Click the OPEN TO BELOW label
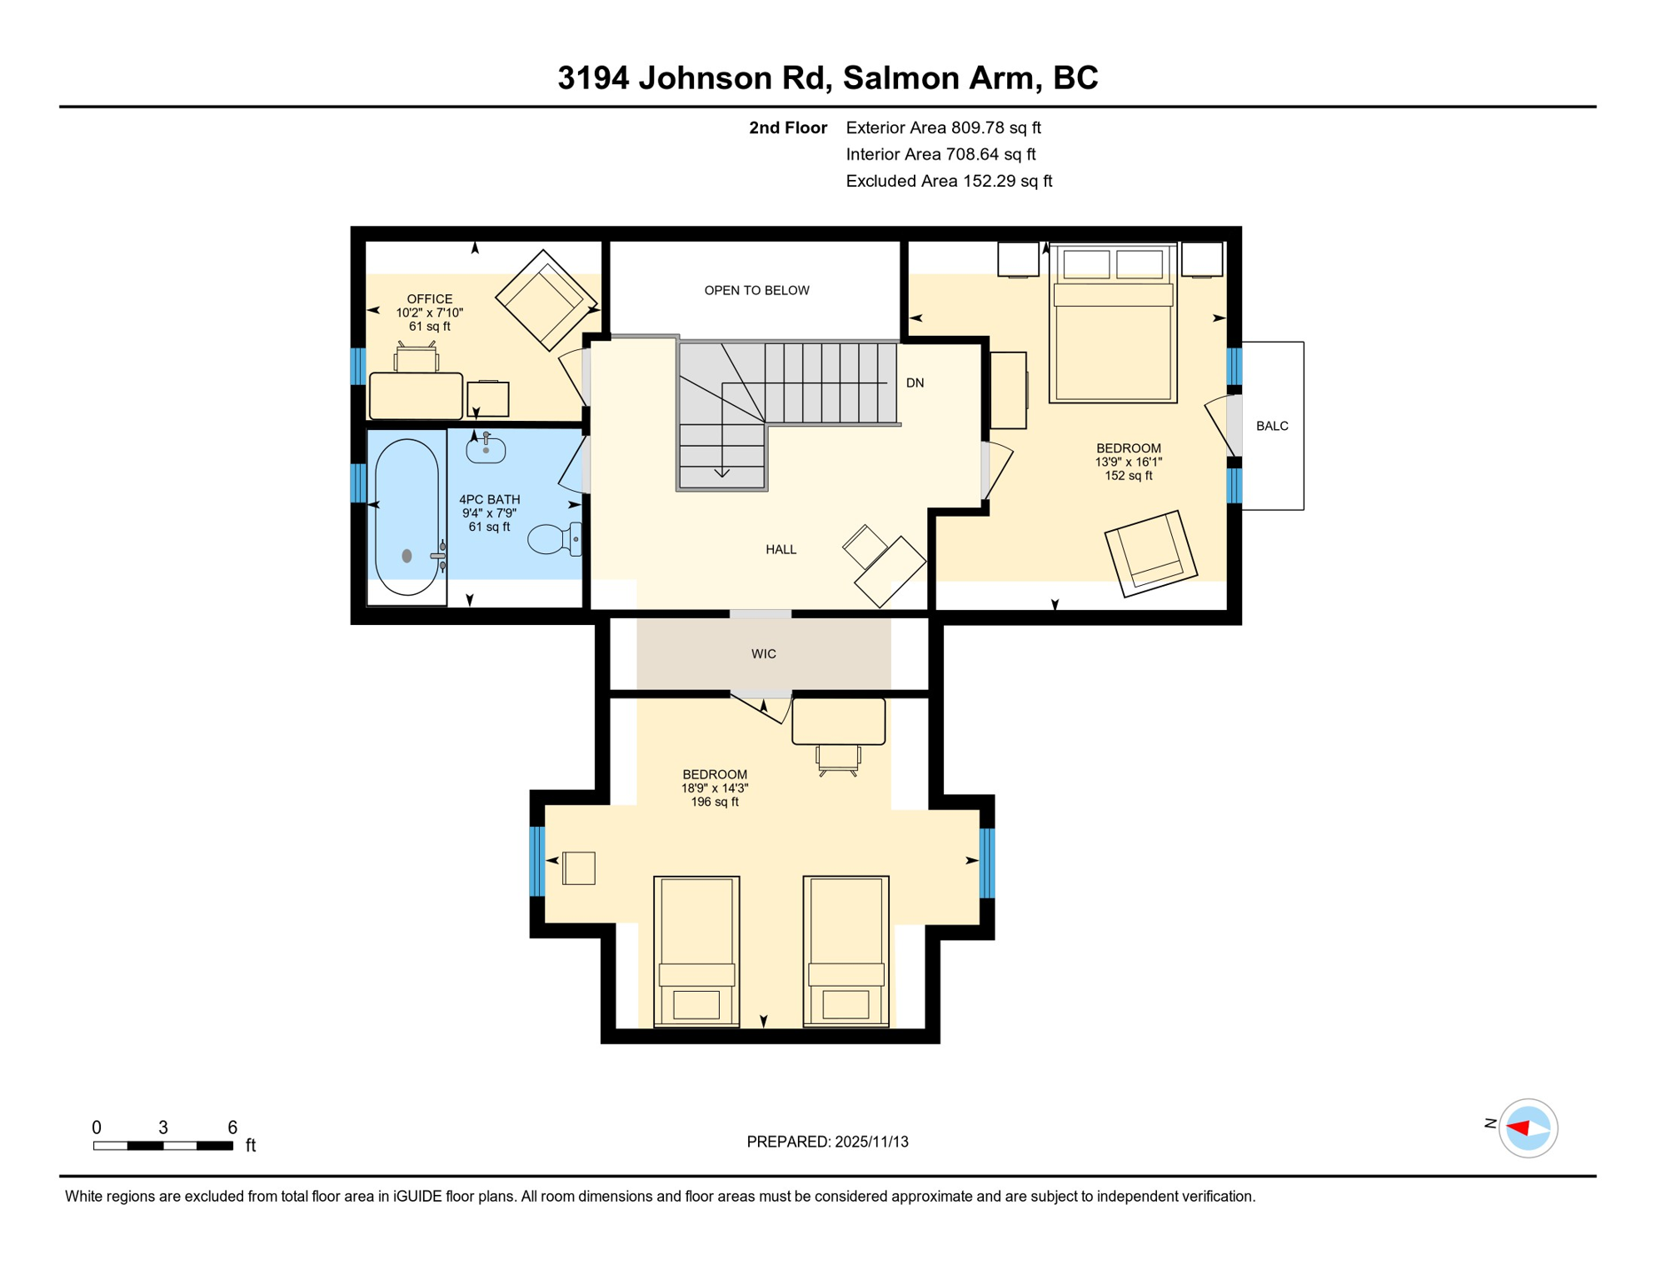756,290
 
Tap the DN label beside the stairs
915,382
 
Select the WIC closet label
763,654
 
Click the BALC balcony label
1271,426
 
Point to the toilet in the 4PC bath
552,539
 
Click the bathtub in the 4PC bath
407,517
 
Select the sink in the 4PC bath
486,449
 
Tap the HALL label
781,549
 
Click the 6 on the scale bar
232,1127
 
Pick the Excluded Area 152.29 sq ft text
948,181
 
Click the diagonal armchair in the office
546,300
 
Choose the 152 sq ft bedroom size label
1128,476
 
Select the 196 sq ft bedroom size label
714,802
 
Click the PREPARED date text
827,1142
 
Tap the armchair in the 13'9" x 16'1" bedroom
1150,553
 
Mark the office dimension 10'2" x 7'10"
429,312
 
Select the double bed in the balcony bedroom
1112,333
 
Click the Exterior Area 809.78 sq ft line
943,127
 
